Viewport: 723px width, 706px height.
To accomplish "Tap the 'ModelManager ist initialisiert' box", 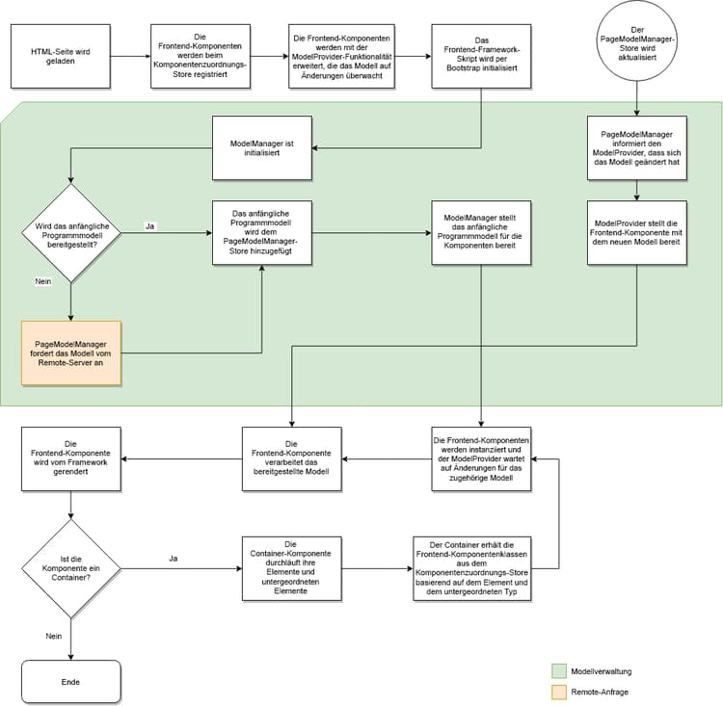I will pos(261,147).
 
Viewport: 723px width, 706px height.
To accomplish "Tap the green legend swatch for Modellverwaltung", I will pos(559,670).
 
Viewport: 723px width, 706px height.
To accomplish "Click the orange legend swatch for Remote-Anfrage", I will pos(559,692).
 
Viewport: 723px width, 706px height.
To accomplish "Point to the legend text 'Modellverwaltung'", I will pos(602,671).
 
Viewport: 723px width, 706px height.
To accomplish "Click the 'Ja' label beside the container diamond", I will pos(174,558).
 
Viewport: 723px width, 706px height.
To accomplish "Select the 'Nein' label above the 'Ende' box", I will pos(53,636).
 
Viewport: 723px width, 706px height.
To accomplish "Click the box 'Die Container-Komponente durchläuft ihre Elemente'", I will pos(291,568).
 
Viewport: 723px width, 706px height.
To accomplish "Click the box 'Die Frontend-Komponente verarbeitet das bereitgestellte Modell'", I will pos(291,458).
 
